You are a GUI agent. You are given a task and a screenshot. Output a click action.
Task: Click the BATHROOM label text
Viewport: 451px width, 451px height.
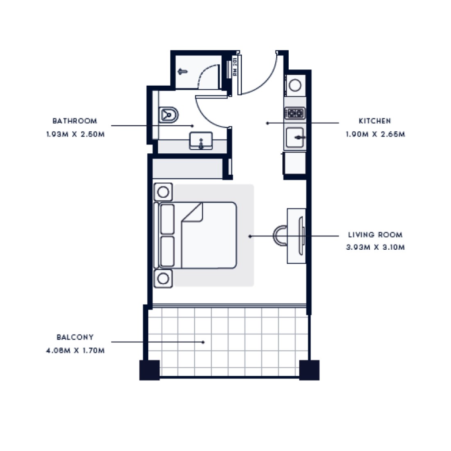75,121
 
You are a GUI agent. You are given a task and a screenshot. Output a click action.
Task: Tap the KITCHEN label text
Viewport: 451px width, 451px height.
375,121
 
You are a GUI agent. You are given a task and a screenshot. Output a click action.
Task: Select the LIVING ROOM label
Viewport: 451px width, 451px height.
375,235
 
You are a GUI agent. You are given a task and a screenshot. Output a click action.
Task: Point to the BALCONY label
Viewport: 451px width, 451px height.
75,337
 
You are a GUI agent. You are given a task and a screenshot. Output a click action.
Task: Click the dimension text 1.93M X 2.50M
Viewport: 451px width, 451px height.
75,134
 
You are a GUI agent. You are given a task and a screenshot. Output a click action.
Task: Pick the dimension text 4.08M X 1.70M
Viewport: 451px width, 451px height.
75,351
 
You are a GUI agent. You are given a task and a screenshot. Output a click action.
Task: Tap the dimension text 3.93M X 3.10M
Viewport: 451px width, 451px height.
375,247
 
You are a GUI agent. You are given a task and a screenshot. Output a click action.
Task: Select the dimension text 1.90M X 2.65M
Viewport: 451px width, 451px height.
375,134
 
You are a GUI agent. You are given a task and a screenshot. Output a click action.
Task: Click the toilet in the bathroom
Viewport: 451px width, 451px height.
169,115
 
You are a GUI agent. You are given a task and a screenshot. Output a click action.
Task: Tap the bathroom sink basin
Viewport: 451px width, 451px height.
201,141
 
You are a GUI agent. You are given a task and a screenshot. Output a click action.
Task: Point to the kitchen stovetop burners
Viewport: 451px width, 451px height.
295,113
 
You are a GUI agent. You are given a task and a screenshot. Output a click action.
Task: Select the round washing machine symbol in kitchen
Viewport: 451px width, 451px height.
295,85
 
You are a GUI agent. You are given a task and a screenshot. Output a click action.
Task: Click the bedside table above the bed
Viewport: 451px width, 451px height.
163,192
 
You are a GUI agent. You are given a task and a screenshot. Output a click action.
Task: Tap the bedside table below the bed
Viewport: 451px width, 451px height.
163,278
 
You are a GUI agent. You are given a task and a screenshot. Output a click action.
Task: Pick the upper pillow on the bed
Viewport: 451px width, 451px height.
167,219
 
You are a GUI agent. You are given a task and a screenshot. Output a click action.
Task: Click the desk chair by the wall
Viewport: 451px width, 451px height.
280,236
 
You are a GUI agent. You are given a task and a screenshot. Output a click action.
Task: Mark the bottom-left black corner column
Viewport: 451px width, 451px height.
150,370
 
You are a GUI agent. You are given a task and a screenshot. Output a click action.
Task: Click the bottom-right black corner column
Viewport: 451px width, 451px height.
310,370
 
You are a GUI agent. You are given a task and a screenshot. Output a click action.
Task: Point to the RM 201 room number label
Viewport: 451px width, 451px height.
235,67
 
